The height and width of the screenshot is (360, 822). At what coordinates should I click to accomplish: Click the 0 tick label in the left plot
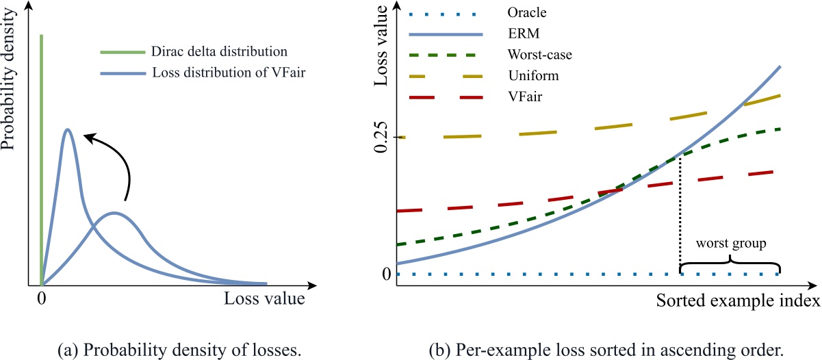(42, 299)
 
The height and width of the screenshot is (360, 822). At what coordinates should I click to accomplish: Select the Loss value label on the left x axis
(264, 299)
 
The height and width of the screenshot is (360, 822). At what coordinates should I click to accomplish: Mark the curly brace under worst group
(730, 263)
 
